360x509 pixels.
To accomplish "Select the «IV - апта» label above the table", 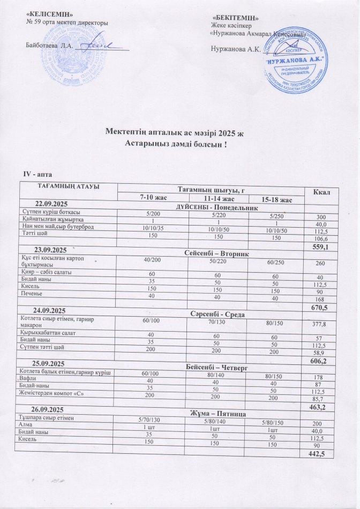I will (36, 175).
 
